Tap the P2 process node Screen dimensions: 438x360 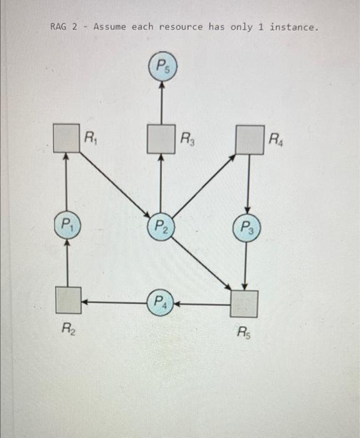click(x=161, y=225)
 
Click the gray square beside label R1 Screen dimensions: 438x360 click(x=66, y=139)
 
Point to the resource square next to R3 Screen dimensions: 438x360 click(x=161, y=139)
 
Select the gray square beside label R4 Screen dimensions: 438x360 click(x=249, y=139)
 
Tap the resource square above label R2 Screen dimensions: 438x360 click(x=67, y=300)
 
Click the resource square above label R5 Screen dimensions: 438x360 click(x=244, y=304)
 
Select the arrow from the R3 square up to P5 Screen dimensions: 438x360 click(x=162, y=103)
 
